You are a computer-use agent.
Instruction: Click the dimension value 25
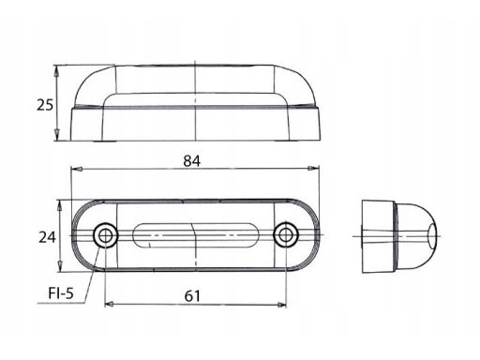tap(45, 105)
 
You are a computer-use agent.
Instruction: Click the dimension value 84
tap(192, 161)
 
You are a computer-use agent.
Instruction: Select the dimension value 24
tap(47, 237)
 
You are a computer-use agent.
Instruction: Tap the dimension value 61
tap(192, 295)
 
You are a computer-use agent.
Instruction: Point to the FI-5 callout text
tap(61, 293)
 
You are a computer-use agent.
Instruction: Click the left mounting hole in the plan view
tap(106, 235)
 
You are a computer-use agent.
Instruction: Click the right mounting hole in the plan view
tap(286, 235)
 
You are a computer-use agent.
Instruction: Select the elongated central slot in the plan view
tap(196, 235)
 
